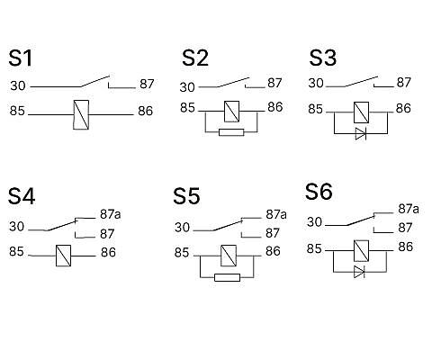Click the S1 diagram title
pos(20,58)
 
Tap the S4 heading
pos(22,196)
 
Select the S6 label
pos(319,192)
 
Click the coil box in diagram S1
pos(81,114)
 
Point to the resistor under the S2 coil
pos(231,132)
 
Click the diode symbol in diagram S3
pos(361,133)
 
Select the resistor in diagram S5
pos(228,277)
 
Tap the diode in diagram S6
pos(359,272)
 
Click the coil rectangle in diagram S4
pos(64,256)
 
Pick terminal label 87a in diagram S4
pos(111,214)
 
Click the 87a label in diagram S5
pos(276,214)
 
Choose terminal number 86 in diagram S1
pos(146,111)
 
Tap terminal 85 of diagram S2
pos(187,108)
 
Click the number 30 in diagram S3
pos(316,83)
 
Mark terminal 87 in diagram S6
pos(405,228)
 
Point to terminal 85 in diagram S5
pos(182,253)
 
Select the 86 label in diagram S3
pos(403,108)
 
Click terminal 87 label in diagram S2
pos(274,83)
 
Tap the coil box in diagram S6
pos(362,251)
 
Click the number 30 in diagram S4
pos(16,227)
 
